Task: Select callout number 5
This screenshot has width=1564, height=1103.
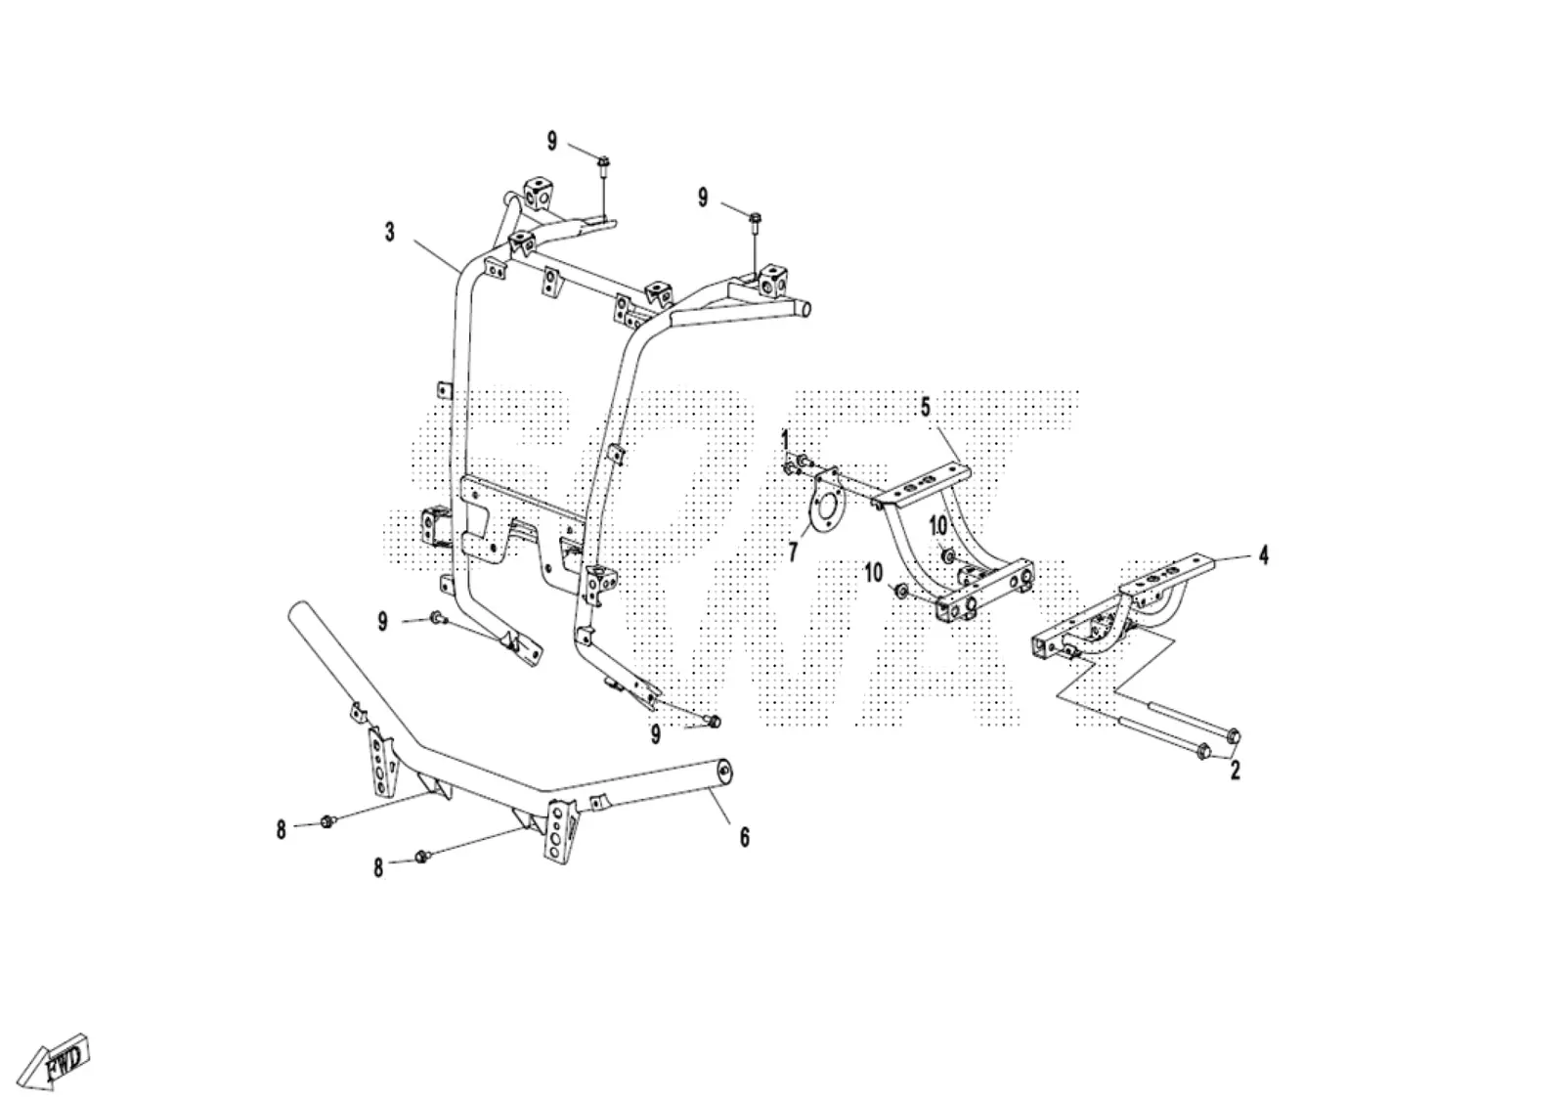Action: pyautogui.click(x=926, y=407)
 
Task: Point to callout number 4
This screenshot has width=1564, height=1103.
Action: pyautogui.click(x=1263, y=556)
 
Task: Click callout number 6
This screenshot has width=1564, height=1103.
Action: pyautogui.click(x=744, y=838)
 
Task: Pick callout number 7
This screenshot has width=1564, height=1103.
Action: pyautogui.click(x=793, y=552)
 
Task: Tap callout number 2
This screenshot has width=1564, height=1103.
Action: pyautogui.click(x=1236, y=771)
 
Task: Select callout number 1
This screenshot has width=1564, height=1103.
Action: pyautogui.click(x=785, y=441)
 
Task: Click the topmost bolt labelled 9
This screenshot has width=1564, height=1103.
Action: pyautogui.click(x=604, y=162)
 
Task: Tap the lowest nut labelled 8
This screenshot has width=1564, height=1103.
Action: pyautogui.click(x=421, y=858)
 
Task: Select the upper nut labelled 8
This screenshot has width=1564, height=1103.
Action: pyautogui.click(x=326, y=822)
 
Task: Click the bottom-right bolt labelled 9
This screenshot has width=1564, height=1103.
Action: pyautogui.click(x=713, y=722)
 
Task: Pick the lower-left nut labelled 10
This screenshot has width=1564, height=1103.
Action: pyautogui.click(x=900, y=593)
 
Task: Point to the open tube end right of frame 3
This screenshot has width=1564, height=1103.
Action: pyautogui.click(x=804, y=308)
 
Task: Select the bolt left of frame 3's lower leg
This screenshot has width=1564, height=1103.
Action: pyautogui.click(x=438, y=617)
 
